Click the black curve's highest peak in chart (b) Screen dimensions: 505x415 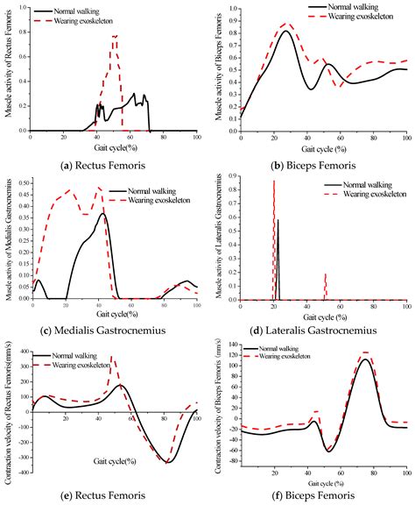tap(285, 32)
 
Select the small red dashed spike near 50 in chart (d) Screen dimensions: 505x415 tap(326, 275)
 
